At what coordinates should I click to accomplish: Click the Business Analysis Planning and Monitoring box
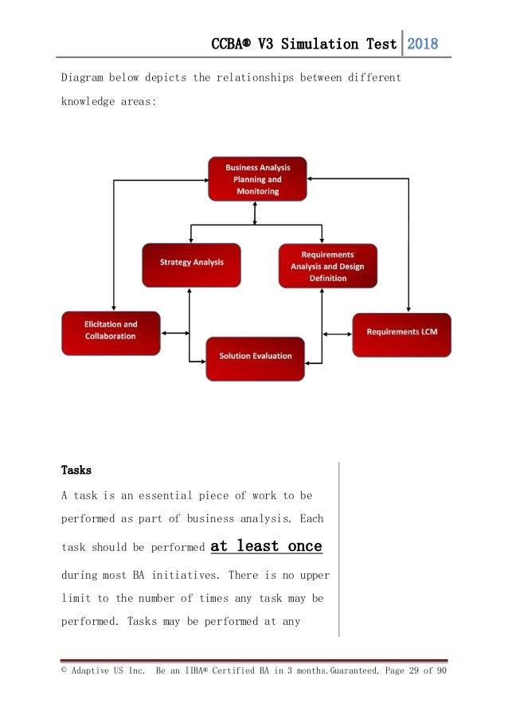[256, 179]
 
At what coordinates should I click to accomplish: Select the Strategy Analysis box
[191, 263]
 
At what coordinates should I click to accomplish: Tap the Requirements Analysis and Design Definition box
[327, 266]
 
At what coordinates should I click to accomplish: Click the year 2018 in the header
[423, 45]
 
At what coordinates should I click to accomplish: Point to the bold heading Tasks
[76, 470]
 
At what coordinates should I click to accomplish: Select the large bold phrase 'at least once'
[266, 546]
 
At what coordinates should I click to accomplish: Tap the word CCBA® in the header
[233, 45]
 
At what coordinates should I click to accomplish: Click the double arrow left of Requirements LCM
[337, 334]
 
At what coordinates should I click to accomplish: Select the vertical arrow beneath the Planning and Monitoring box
[255, 213]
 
